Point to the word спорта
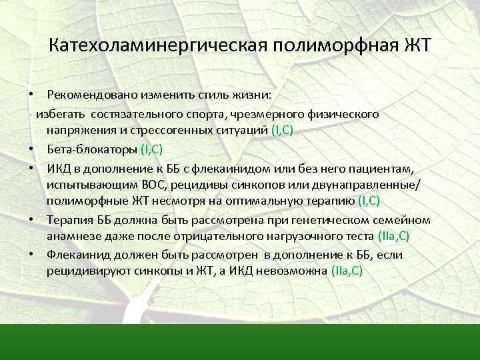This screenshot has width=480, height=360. click(x=200, y=114)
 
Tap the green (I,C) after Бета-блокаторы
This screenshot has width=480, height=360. click(x=152, y=148)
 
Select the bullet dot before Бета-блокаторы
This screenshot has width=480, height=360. click(x=32, y=149)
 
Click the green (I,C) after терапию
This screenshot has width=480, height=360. click(x=369, y=201)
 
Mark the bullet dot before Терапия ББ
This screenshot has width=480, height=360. click(x=32, y=219)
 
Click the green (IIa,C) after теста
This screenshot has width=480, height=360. click(x=393, y=236)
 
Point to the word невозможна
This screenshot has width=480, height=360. click(x=295, y=271)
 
